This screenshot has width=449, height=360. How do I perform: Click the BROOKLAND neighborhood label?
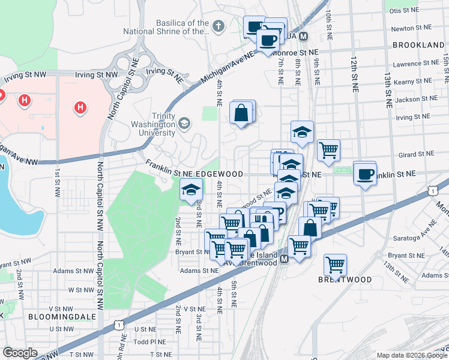418,45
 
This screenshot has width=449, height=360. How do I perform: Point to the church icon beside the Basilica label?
218,26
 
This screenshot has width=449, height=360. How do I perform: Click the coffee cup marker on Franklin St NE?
365,174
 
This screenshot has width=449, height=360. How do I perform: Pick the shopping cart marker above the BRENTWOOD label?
335,264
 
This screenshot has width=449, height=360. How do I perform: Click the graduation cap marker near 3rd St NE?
191,190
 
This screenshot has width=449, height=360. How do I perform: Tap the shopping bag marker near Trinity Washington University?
241,112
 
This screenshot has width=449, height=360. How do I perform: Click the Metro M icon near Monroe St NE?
303,37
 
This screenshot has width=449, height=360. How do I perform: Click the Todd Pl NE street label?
145,341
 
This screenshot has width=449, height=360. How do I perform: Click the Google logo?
20,353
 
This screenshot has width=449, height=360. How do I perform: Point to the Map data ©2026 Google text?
412,355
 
